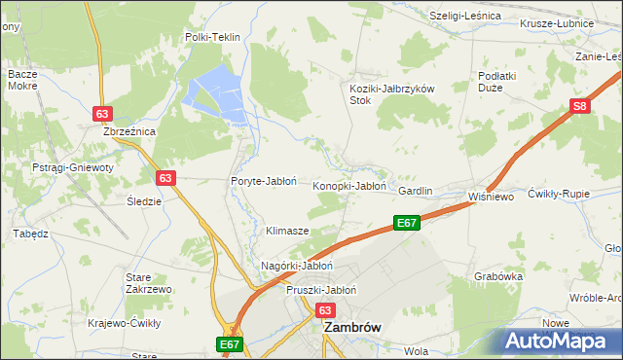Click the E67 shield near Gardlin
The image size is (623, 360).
(x=407, y=224)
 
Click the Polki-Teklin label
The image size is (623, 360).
(x=212, y=37)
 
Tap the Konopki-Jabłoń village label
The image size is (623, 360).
(x=349, y=185)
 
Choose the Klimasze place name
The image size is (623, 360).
(x=287, y=232)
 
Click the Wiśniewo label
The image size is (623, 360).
(x=490, y=195)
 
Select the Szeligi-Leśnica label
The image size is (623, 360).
(x=464, y=17)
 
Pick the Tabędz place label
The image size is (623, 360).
(x=30, y=234)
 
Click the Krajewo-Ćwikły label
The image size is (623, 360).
(x=125, y=323)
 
